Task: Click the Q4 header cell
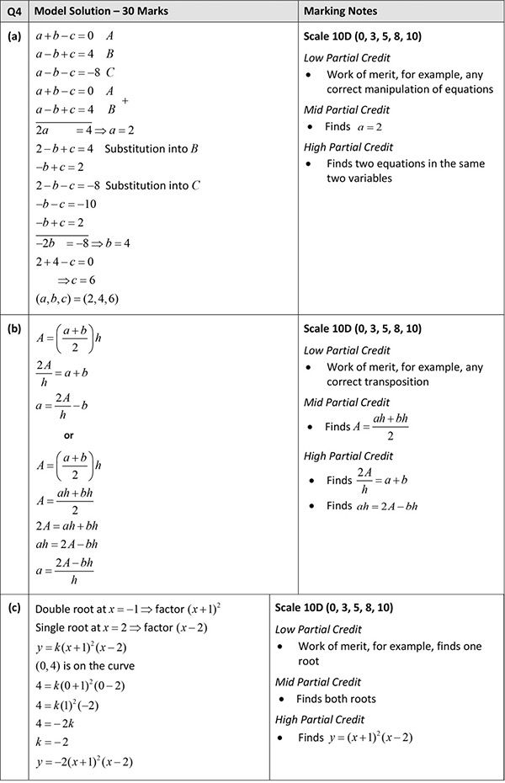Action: coord(13,12)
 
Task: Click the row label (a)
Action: coord(13,37)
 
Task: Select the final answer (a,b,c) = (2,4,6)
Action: coord(77,299)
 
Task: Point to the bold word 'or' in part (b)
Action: coord(69,435)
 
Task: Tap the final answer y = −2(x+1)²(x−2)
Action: coord(84,763)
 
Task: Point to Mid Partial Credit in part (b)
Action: coord(346,402)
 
